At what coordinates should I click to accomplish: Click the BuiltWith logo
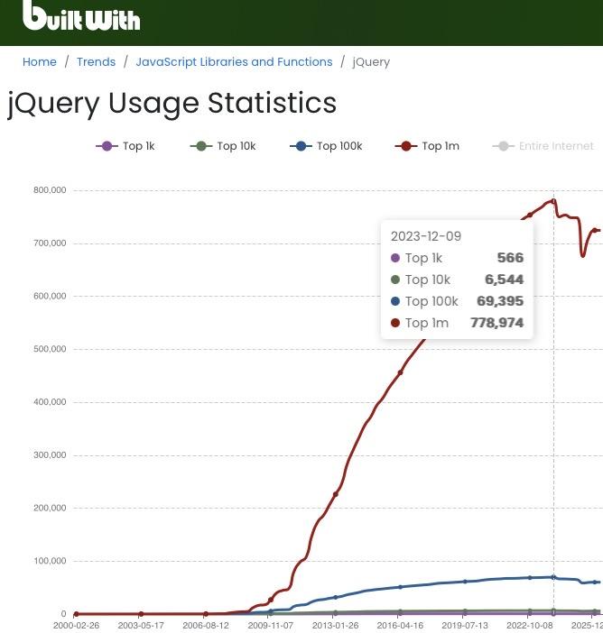coord(81,16)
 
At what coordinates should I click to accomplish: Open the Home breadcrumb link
coord(40,62)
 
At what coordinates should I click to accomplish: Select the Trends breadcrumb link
coord(96,62)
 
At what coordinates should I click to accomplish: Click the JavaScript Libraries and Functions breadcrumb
coord(234,62)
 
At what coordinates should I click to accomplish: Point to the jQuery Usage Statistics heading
coord(172,103)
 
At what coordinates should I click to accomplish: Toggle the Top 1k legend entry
coord(125,146)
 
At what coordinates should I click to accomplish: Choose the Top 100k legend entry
coord(326,146)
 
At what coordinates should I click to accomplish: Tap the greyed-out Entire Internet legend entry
coord(543,146)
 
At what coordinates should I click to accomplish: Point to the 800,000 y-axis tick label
coord(50,190)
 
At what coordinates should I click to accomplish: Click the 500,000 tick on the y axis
coord(50,349)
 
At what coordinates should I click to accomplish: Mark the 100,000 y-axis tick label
coord(50,561)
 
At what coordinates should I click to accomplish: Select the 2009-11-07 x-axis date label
coord(271,625)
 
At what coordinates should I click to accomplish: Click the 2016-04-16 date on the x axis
coord(400,625)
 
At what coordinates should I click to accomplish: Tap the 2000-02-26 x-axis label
coord(77,625)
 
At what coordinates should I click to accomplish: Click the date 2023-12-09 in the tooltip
coord(426,236)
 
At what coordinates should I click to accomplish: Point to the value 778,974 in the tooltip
coord(496,323)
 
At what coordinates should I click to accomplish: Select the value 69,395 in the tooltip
coord(500,301)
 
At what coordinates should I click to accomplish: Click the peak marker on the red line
coord(553,201)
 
